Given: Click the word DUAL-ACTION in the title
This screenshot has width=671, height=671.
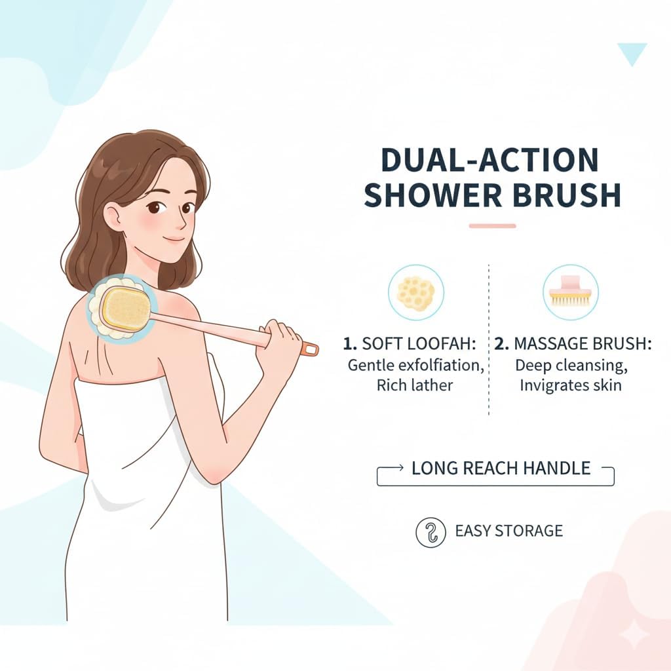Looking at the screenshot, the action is point(489,160).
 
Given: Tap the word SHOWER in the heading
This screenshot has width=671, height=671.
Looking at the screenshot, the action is point(432,195).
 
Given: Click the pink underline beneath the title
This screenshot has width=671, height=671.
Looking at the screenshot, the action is point(493,225).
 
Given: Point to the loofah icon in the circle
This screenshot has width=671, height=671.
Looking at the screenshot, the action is point(416,292).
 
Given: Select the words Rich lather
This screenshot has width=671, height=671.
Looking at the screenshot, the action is point(414,385).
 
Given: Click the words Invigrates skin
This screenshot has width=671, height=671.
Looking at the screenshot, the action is point(571,385).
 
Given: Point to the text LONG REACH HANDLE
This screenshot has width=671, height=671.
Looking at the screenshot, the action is point(501,468).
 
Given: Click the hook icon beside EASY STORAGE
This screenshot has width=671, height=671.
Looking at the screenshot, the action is point(431,531).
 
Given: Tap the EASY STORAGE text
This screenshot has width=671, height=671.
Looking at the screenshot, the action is point(508,531).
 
